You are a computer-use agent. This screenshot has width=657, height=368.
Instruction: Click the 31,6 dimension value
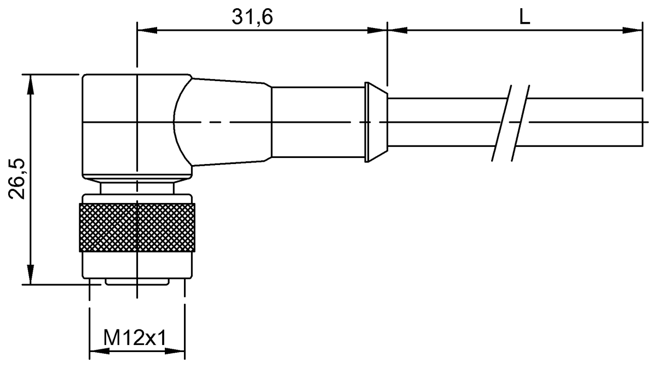(252, 17)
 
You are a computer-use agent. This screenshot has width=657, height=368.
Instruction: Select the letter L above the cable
(525, 17)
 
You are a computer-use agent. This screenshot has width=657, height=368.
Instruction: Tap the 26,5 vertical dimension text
(17, 179)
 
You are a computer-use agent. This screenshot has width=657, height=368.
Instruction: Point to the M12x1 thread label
(135, 337)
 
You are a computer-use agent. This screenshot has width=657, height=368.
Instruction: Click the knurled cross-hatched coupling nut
(137, 228)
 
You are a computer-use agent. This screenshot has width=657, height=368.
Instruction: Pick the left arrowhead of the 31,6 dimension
(147, 30)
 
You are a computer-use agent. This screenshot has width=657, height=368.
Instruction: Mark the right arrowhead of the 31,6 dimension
(377, 30)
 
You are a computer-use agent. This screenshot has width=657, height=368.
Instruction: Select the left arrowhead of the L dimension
(397, 30)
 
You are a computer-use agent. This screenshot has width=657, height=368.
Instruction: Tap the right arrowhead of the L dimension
(632, 30)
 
